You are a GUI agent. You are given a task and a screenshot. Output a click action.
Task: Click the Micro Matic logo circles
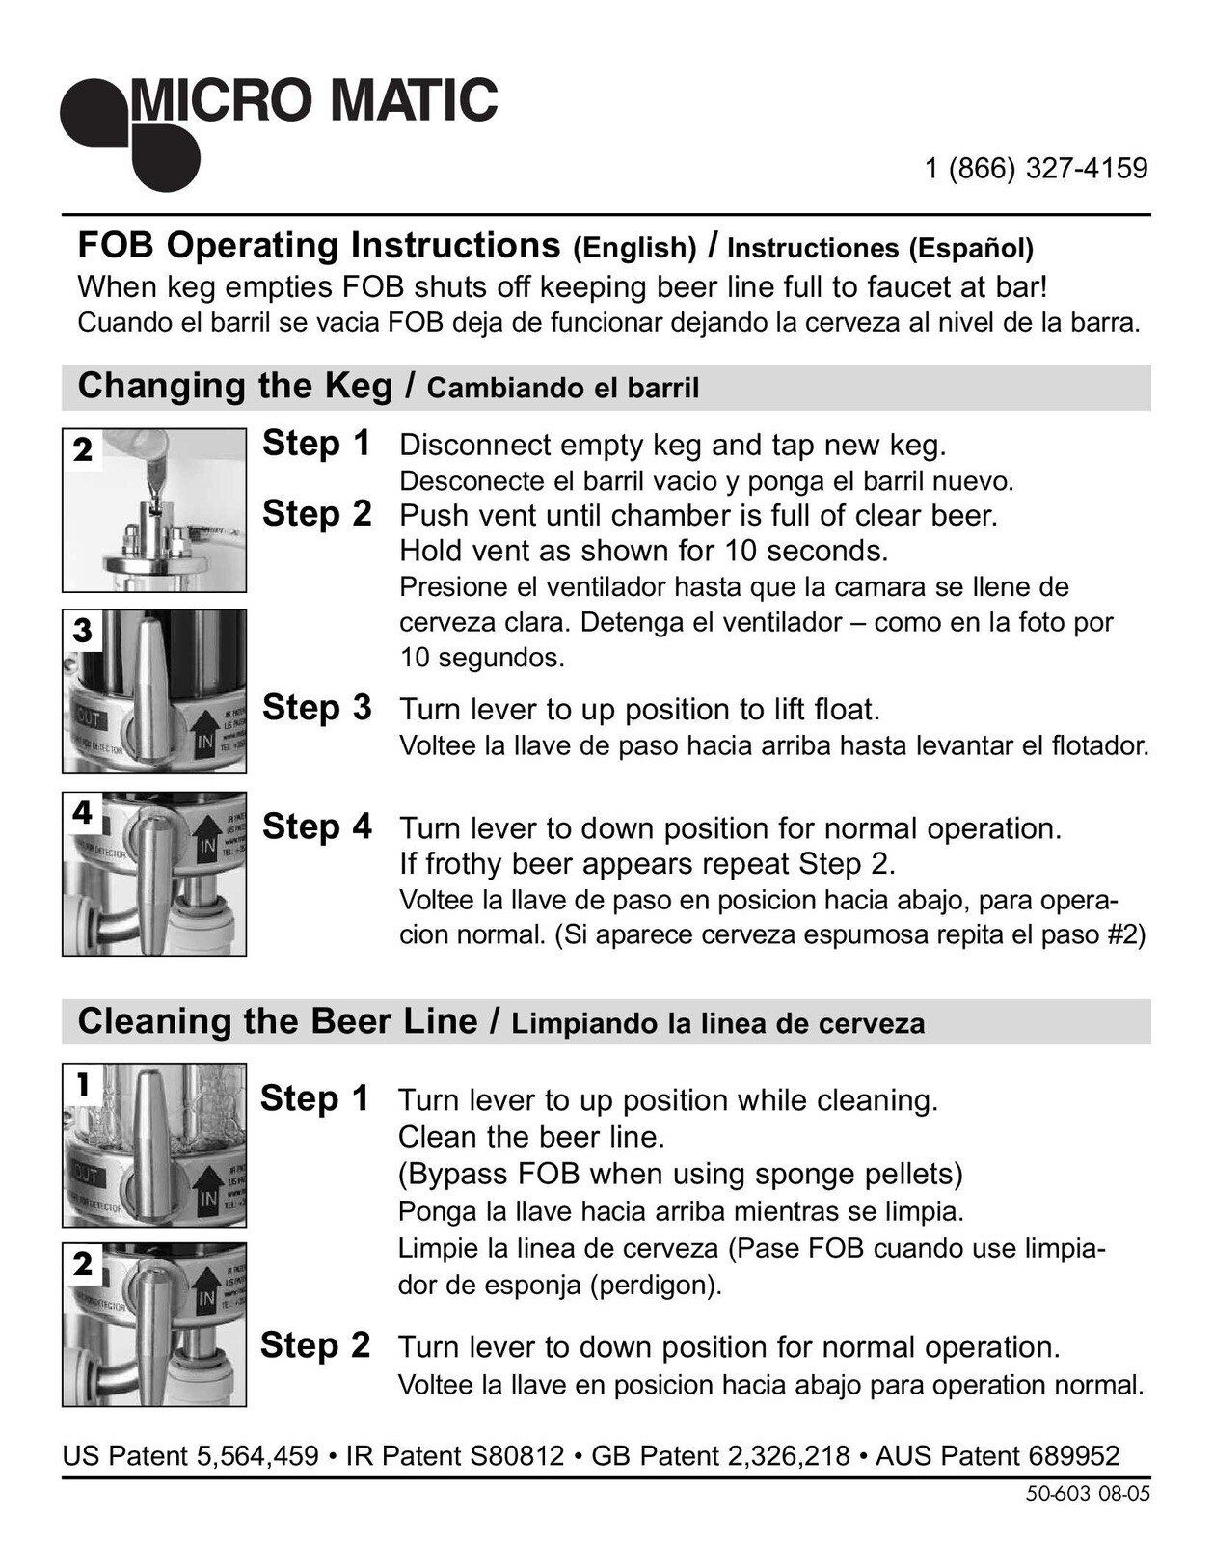[x=130, y=134]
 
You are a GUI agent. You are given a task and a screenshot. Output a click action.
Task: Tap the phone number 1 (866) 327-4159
[x=1036, y=169]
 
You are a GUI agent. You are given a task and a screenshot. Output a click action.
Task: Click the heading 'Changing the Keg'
[x=235, y=387]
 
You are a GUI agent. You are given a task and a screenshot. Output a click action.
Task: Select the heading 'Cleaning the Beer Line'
[x=278, y=1021]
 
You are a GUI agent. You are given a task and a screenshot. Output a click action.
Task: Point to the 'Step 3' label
[x=317, y=708]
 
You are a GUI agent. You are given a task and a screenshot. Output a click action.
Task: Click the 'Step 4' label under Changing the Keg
[x=317, y=826]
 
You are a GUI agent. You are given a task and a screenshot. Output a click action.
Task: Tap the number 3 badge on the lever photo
[x=83, y=631]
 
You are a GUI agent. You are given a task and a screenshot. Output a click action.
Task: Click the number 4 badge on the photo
[x=83, y=813]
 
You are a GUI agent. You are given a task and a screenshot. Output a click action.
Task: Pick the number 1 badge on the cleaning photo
[x=83, y=1084]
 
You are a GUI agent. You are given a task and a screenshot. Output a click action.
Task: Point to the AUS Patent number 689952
[x=1074, y=1456]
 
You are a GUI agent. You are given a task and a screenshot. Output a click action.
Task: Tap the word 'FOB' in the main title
[x=116, y=245]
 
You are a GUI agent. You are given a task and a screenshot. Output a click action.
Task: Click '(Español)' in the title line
[x=971, y=248]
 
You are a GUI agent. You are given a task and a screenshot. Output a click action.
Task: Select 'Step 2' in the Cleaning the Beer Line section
[x=314, y=1344]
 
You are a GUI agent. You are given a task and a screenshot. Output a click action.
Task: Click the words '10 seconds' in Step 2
[x=806, y=551]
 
